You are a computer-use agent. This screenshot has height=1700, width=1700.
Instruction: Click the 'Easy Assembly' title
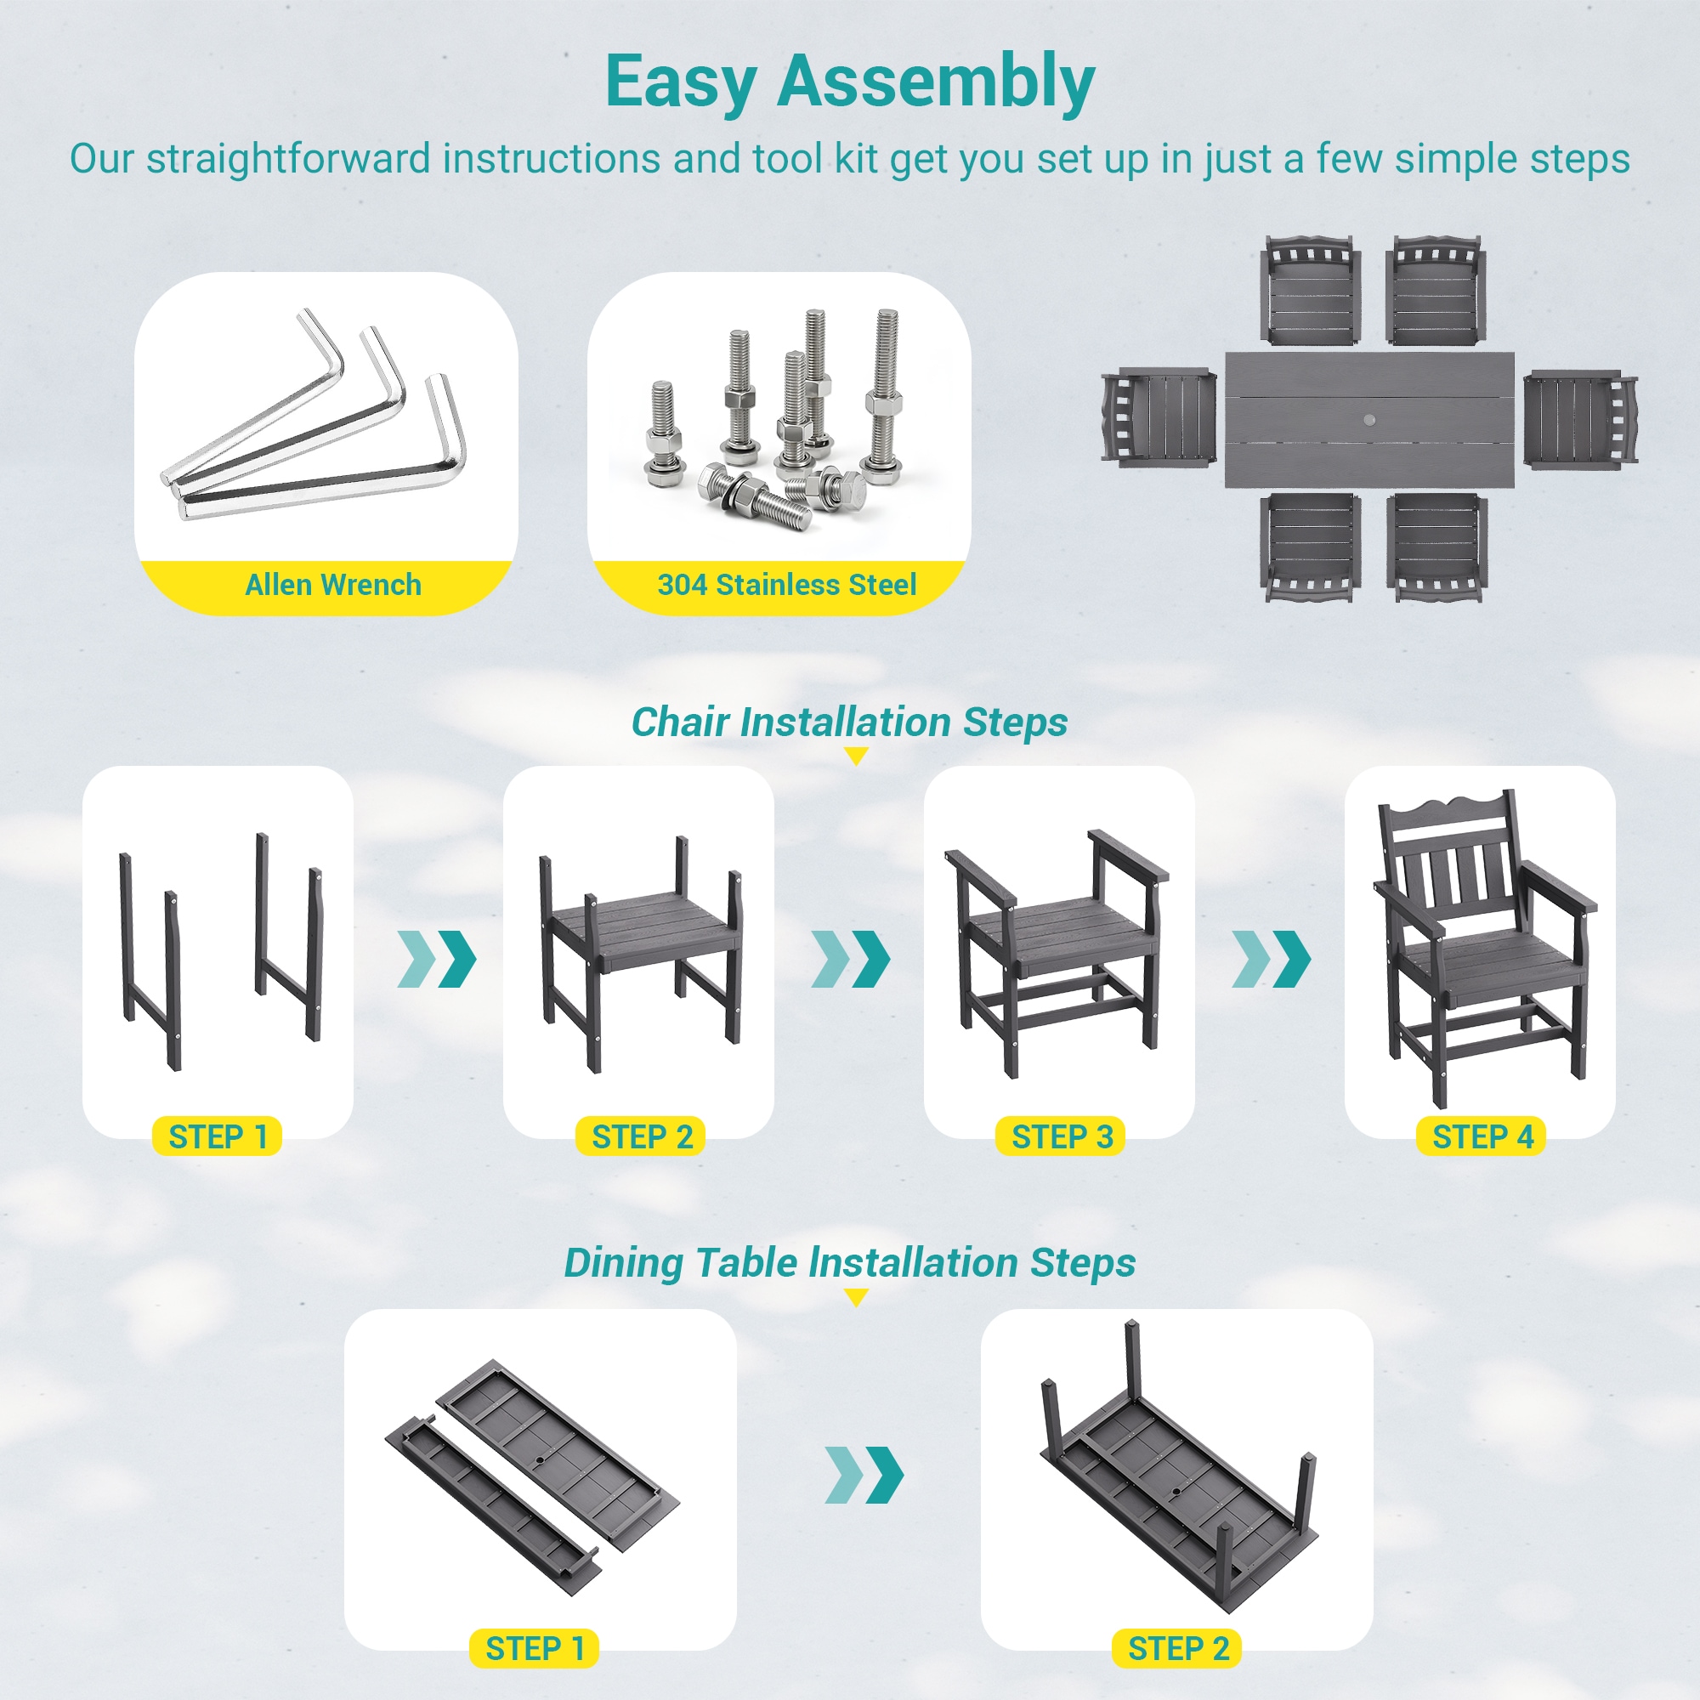(x=850, y=82)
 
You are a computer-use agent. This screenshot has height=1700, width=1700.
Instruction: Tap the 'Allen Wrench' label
(x=332, y=584)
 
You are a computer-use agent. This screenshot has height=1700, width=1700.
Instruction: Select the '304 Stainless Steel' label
(x=786, y=584)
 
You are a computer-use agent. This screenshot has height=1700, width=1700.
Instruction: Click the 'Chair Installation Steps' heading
(x=849, y=722)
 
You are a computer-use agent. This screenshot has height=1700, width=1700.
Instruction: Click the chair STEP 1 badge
(x=218, y=1136)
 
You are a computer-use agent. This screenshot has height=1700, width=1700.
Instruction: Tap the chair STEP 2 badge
(x=641, y=1136)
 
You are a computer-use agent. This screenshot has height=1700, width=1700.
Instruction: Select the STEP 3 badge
(x=1060, y=1136)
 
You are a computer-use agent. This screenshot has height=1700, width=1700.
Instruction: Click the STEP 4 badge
(x=1481, y=1136)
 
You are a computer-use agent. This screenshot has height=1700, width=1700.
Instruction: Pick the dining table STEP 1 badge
(x=534, y=1648)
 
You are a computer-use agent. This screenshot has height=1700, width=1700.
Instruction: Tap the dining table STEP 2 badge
(x=1177, y=1648)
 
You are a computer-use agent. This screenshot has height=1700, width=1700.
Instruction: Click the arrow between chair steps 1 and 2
(x=437, y=958)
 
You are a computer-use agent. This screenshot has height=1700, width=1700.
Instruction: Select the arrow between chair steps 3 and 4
(x=1272, y=958)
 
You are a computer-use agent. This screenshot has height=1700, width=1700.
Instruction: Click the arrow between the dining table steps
(x=864, y=1475)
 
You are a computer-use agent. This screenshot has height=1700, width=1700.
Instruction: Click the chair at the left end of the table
(x=1159, y=416)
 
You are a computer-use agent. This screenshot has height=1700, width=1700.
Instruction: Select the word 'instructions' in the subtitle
(x=551, y=159)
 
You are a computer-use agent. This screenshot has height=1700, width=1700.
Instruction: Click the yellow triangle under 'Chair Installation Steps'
(x=855, y=756)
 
